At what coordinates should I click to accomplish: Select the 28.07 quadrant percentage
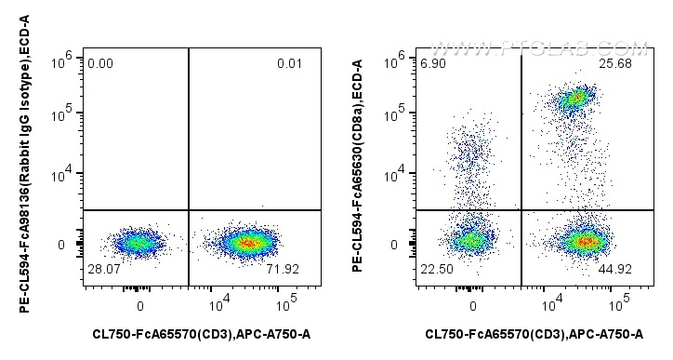coord(103,269)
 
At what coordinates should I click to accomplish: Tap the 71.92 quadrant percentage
coord(285,269)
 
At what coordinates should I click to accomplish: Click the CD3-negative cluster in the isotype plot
coord(137,244)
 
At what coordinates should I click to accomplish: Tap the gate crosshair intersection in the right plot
coord(521,210)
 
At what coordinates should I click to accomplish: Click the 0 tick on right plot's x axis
coord(473,304)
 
